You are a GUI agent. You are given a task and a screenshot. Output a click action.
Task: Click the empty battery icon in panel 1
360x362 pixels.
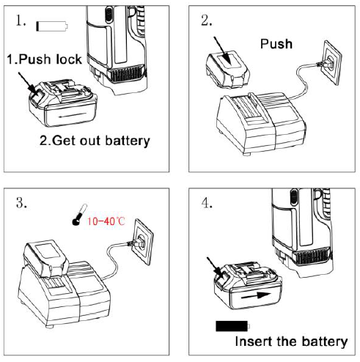click(x=51, y=26)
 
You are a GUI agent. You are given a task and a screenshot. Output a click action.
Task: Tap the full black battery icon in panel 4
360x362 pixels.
click(x=232, y=326)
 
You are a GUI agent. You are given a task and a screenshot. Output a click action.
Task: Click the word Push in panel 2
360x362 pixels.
click(x=276, y=44)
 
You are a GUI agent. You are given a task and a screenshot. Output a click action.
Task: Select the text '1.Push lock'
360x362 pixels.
click(x=44, y=59)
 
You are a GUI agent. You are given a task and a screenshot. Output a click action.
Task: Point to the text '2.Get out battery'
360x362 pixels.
click(x=95, y=141)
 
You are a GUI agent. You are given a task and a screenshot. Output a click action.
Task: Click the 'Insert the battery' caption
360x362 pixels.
click(x=291, y=341)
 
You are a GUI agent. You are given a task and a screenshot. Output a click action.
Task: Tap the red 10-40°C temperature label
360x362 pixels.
click(x=106, y=221)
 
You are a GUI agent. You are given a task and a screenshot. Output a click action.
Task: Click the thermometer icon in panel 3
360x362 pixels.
click(x=79, y=214)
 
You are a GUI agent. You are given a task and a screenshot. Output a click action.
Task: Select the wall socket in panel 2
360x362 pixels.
click(x=332, y=63)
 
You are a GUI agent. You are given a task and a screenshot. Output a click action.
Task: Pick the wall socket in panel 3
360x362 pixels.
click(x=144, y=242)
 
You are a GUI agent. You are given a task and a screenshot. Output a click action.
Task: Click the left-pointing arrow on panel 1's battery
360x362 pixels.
click(x=73, y=115)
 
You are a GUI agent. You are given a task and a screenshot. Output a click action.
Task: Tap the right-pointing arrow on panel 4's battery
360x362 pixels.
click(x=256, y=296)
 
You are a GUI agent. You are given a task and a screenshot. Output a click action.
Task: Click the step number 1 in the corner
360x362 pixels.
click(x=21, y=21)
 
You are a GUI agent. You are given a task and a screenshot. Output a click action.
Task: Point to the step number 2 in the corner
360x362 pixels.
click(x=207, y=21)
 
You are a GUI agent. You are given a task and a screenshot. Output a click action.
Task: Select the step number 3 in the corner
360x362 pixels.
click(x=21, y=202)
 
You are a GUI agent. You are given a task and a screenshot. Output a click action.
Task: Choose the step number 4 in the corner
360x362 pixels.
click(x=207, y=202)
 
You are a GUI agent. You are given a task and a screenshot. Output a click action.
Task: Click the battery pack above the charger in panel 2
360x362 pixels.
click(x=228, y=69)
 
